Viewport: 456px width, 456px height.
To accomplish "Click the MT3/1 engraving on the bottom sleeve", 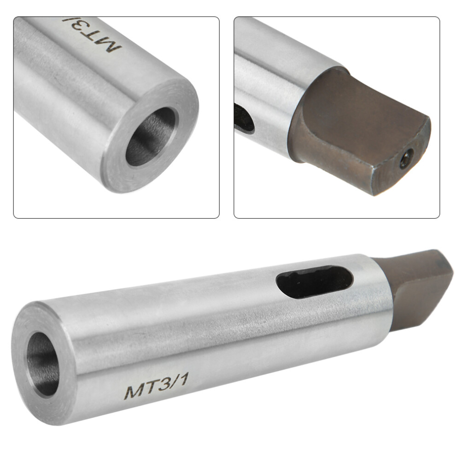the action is click(157, 386).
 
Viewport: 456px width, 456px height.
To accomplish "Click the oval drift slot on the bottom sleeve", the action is click(315, 281).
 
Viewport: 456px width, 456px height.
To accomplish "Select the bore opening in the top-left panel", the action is click(151, 137).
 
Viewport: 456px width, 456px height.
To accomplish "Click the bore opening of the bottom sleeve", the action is click(43, 364).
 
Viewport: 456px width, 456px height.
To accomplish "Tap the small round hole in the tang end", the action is click(406, 158).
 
